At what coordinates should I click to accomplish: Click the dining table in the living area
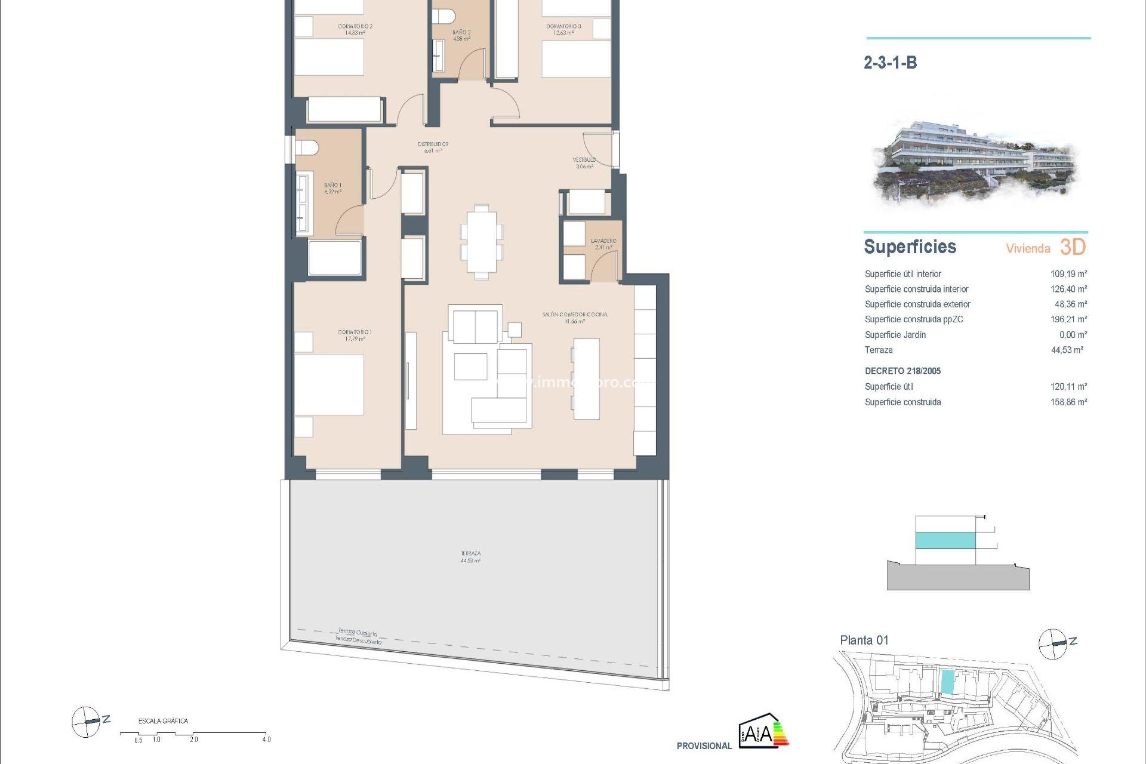[x=481, y=242]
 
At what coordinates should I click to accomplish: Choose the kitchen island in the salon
[x=586, y=378]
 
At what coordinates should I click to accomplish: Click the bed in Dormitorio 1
[x=329, y=384]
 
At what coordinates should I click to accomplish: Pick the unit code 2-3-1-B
[x=890, y=63]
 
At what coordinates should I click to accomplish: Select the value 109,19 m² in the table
[x=1068, y=274]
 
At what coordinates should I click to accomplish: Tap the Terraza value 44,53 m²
[x=1067, y=350]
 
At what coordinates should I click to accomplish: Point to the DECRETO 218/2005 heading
[x=902, y=371]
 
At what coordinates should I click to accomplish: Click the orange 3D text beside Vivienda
[x=1073, y=247]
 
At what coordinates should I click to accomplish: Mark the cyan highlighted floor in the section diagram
[x=945, y=541]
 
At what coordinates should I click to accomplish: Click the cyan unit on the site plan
[x=947, y=682]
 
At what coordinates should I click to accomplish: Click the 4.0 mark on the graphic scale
[x=266, y=739]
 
